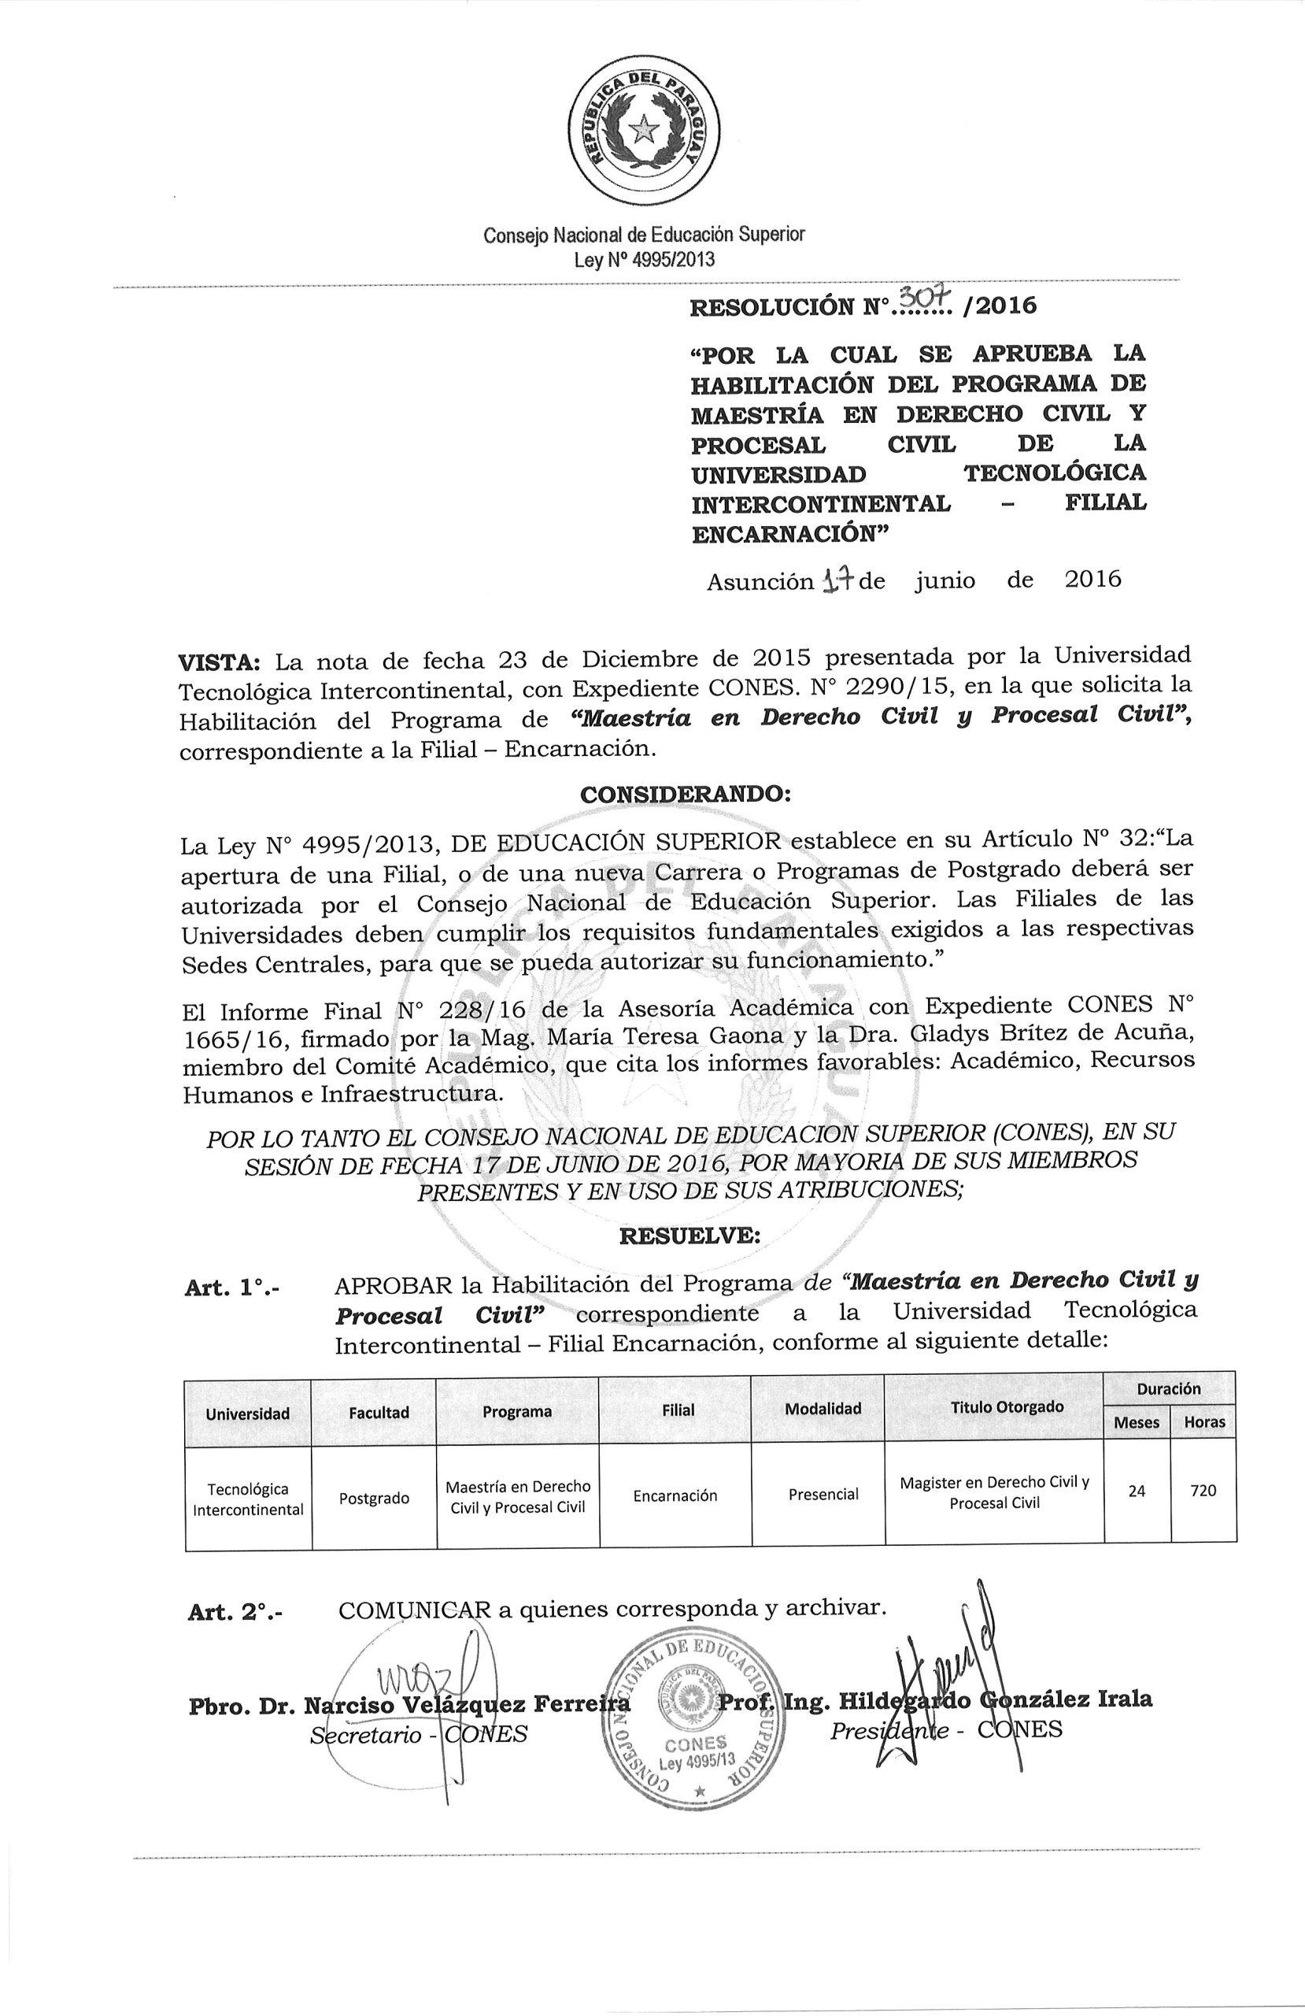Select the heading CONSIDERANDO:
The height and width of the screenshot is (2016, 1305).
click(x=685, y=795)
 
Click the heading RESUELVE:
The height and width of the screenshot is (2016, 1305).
click(x=689, y=1236)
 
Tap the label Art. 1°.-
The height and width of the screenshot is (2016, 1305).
click(x=235, y=1288)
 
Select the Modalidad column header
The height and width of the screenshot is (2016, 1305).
click(x=823, y=1409)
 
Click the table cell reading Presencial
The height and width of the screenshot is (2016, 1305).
click(x=823, y=1494)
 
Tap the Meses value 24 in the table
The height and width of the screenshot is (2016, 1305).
click(x=1137, y=1491)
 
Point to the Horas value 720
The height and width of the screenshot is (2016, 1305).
click(x=1203, y=1491)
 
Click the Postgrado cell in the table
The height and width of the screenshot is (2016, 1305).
click(x=373, y=1499)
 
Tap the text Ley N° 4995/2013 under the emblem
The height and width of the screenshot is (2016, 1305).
click(x=644, y=259)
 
